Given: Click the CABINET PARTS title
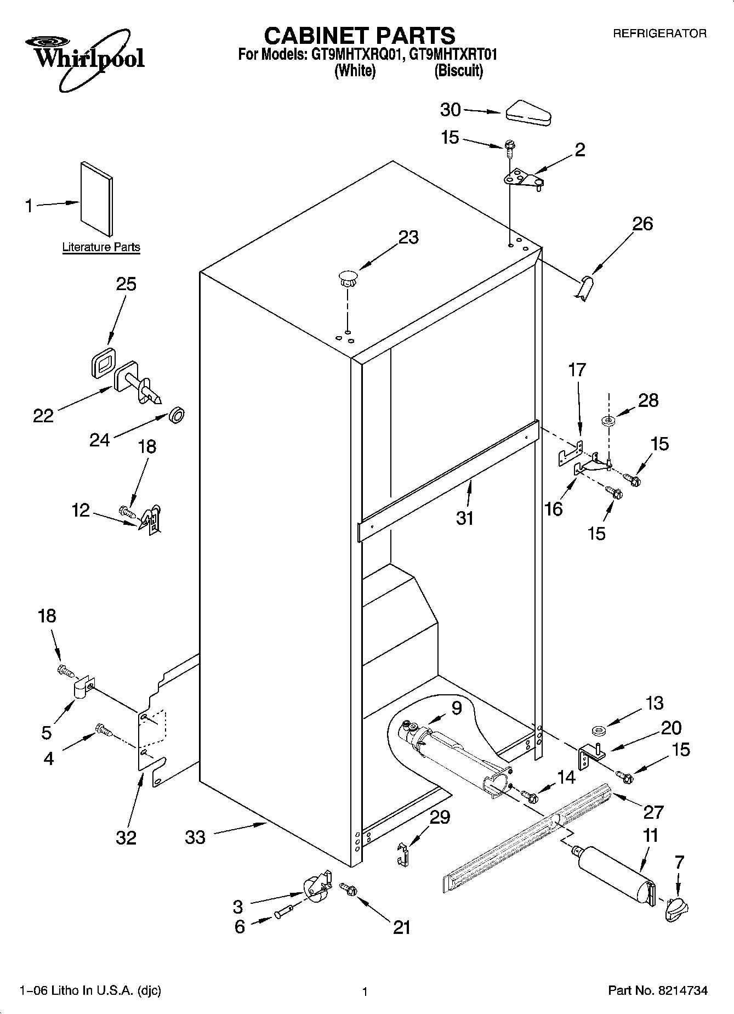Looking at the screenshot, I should coord(360,36).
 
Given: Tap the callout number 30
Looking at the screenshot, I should coord(451,110).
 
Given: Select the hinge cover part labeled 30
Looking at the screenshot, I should coord(528,113).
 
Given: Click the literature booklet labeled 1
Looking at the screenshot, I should coord(97,199).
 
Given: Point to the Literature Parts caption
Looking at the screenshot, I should coord(101,247).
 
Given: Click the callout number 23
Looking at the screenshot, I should coord(408,237).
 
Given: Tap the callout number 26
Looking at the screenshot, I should coord(643,224).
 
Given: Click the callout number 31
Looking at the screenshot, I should coord(465,518).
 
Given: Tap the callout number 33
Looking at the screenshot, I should coord(195,837).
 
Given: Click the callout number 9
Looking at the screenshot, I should coord(457,708).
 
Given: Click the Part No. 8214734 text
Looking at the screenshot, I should coord(658,990).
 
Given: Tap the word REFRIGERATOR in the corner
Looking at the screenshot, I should coord(659,34).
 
